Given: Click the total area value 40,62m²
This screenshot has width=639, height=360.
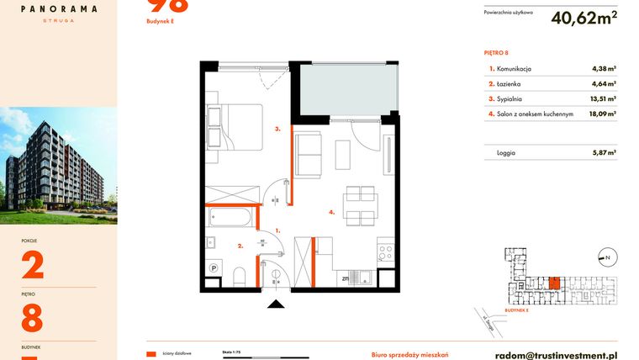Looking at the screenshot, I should point(584,17).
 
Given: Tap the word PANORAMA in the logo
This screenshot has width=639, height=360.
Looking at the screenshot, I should point(58,9).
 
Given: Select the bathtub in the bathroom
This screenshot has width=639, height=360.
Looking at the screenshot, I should point(230,219).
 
